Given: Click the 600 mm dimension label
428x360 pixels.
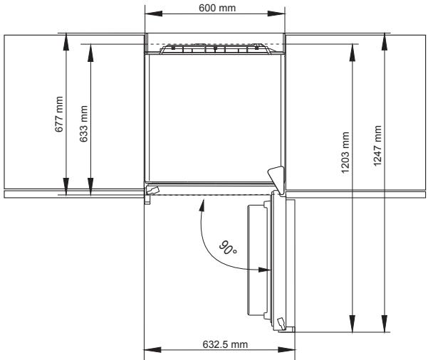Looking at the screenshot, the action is [217, 8].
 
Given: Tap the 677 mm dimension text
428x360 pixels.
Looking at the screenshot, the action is [59, 115].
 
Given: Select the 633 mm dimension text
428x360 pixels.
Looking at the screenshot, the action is [83, 124].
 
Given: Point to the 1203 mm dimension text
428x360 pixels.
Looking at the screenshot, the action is [345, 152].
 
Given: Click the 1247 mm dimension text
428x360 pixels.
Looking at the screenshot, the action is [377, 146].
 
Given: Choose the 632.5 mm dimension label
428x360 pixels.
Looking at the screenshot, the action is [225, 344].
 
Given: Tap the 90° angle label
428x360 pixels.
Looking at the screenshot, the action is [228, 248].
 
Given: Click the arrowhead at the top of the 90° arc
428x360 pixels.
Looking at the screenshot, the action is [202, 205].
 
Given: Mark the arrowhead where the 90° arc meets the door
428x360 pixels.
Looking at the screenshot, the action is [264, 270].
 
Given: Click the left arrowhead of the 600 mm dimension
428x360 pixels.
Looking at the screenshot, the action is [153, 14].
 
